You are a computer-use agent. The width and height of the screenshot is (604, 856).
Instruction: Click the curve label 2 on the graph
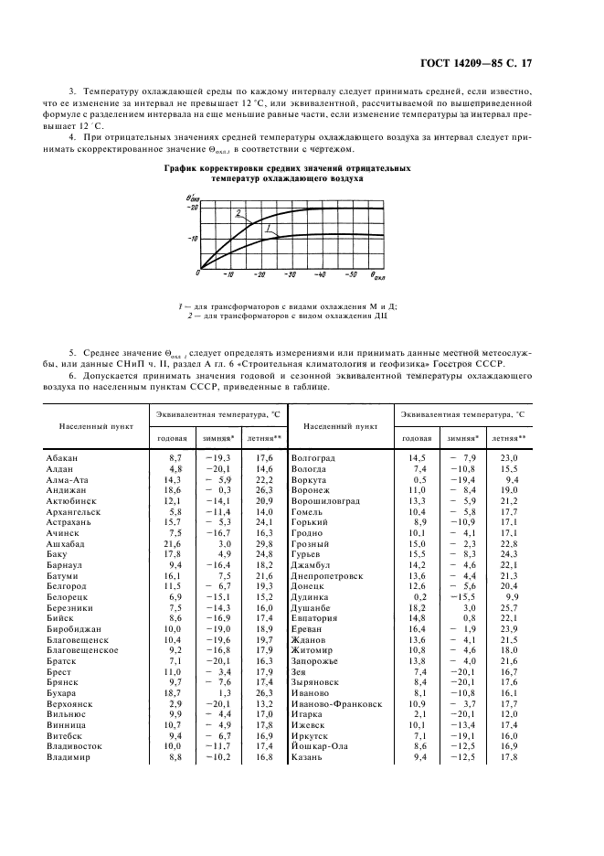[x=238, y=214]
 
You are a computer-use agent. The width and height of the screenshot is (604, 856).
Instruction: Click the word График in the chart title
[x=183, y=169]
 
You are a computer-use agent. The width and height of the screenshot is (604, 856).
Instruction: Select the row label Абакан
[x=62, y=456]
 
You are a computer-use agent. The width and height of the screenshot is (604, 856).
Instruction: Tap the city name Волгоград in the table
[x=313, y=456]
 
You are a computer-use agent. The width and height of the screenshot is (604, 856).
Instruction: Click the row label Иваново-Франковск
[x=335, y=704]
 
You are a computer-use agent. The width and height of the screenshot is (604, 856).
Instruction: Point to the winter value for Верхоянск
[x=218, y=704]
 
